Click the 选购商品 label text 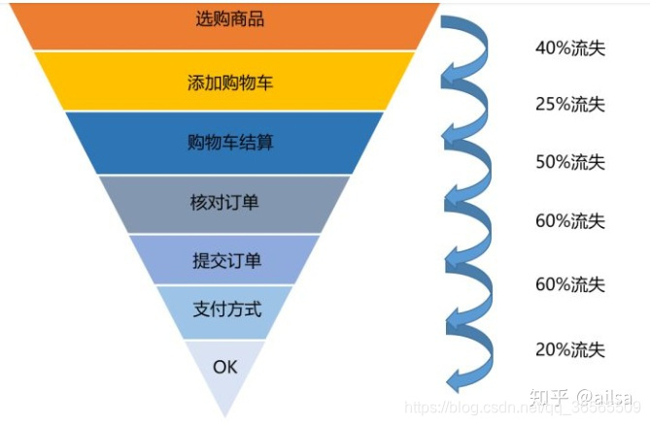pyautogui.click(x=229, y=19)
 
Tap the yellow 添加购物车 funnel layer pyautogui.click(x=229, y=82)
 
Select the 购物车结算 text pyautogui.click(x=229, y=143)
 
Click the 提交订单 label pyautogui.click(x=226, y=260)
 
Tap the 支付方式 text pyautogui.click(x=226, y=311)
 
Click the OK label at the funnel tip pyautogui.click(x=224, y=367)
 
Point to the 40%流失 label pyautogui.click(x=569, y=48)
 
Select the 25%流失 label pyautogui.click(x=569, y=104)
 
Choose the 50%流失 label pyautogui.click(x=569, y=162)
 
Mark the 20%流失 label pyautogui.click(x=569, y=349)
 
